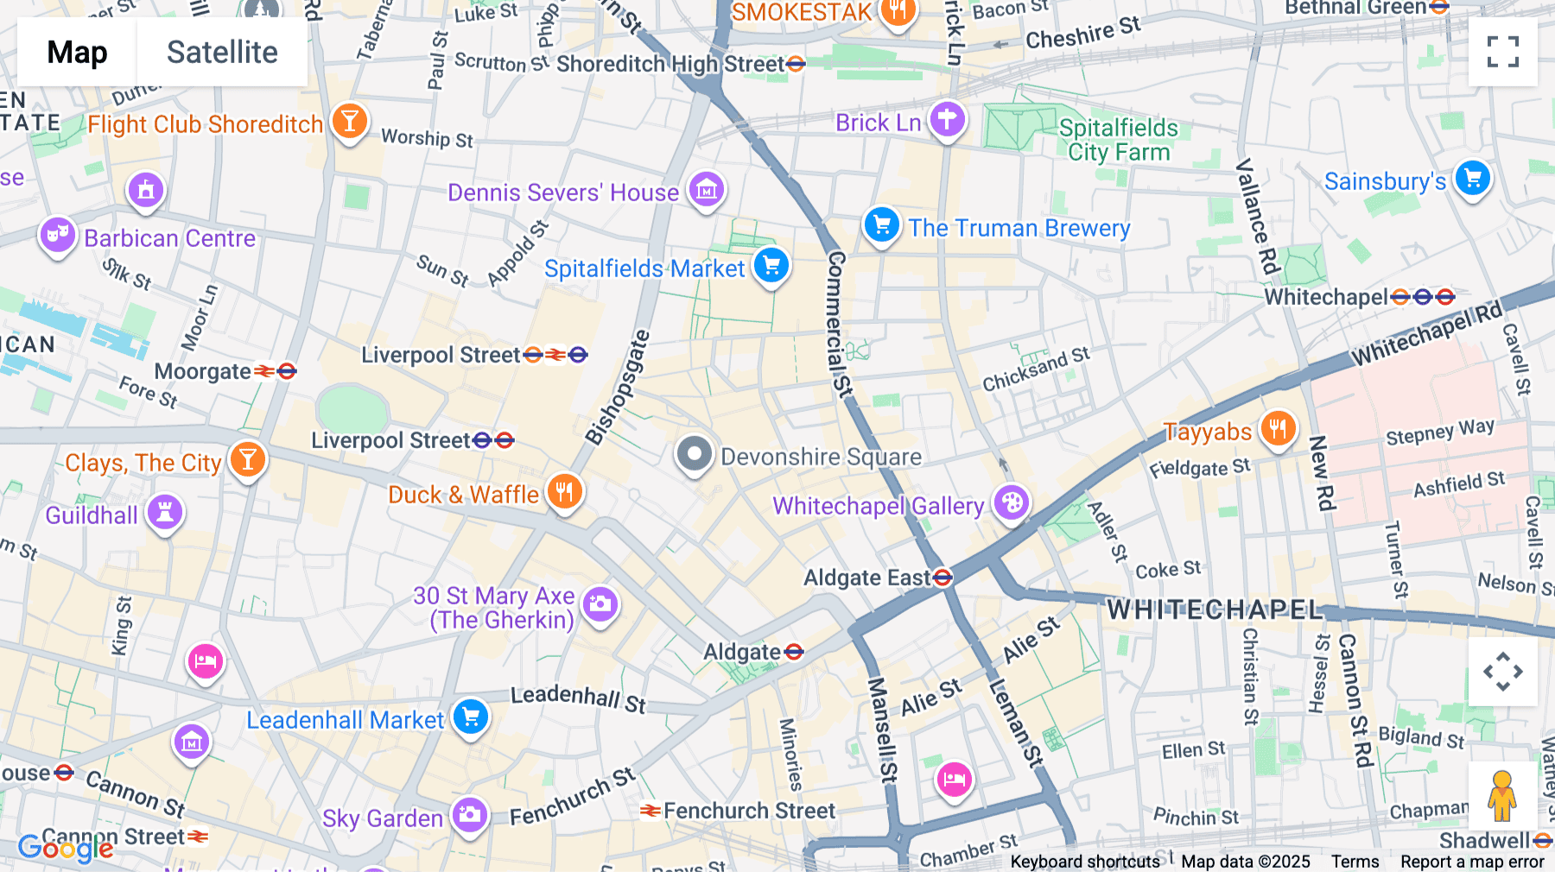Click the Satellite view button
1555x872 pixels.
pyautogui.click(x=222, y=53)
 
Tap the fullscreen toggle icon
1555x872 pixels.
pyautogui.click(x=1502, y=52)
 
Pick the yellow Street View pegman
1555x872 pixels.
pyautogui.click(x=1502, y=796)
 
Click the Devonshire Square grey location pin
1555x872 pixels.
pyautogui.click(x=694, y=454)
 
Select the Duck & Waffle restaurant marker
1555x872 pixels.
pyautogui.click(x=565, y=492)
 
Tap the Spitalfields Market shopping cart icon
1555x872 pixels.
pyautogui.click(x=771, y=265)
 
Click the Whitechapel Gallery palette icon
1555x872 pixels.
pyautogui.click(x=1012, y=502)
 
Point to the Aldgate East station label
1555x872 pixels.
pyautogui.click(x=866, y=578)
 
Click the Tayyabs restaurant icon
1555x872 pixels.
pyautogui.click(x=1278, y=428)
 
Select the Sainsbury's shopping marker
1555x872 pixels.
pyautogui.click(x=1472, y=179)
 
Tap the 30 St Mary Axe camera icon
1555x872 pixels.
pyautogui.click(x=600, y=603)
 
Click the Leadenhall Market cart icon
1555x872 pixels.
pyautogui.click(x=471, y=717)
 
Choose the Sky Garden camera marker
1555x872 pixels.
pyautogui.click(x=470, y=814)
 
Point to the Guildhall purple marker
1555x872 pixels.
pyautogui.click(x=164, y=512)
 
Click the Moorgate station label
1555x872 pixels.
pyautogui.click(x=203, y=372)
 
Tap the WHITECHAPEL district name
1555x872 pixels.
pyautogui.click(x=1215, y=610)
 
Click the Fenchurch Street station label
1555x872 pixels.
pyautogui.click(x=748, y=811)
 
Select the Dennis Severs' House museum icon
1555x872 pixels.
pyautogui.click(x=707, y=189)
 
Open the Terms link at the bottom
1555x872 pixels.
pyautogui.click(x=1355, y=862)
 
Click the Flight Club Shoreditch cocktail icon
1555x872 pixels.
pyautogui.click(x=349, y=121)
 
